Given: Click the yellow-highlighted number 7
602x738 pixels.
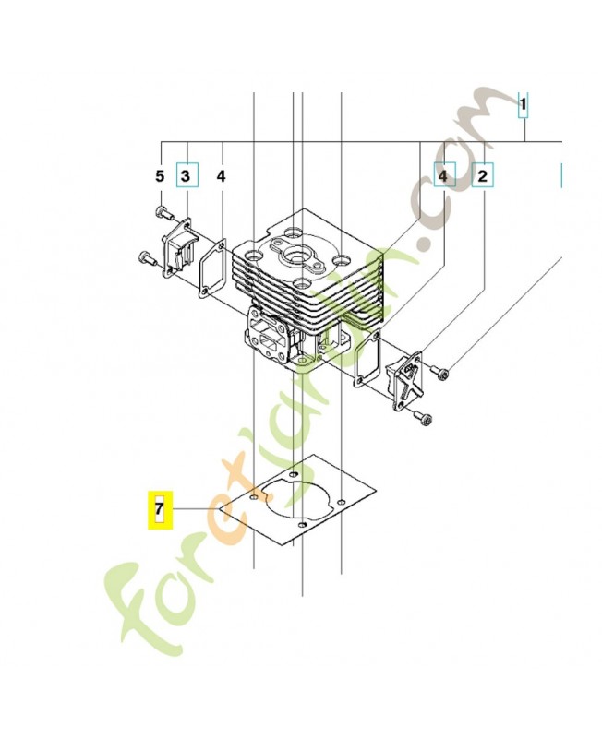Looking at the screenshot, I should (158, 508).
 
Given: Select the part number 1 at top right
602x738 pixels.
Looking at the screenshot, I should (523, 107).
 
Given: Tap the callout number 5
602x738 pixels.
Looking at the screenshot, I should (159, 175).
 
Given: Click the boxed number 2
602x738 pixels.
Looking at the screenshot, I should (483, 174).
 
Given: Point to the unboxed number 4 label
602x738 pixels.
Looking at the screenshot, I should (221, 175).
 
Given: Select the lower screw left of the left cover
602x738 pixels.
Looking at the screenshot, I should (146, 257).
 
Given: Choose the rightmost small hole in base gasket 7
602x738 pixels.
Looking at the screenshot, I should (342, 502).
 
